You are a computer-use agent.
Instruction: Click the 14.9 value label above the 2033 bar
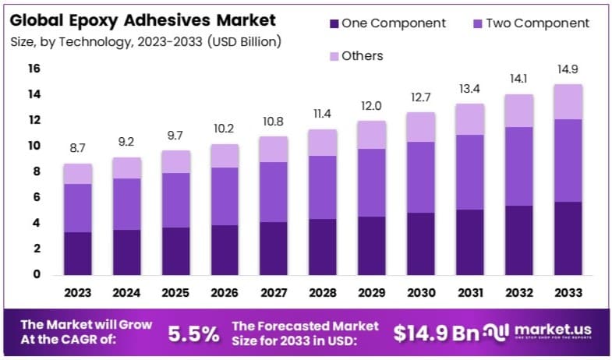coord(568,69)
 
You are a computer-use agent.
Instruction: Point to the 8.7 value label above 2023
coord(77,147)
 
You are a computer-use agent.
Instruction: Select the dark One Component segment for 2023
coord(77,253)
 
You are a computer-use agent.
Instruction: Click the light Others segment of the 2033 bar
coord(568,101)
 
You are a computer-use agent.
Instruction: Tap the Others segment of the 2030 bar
coord(421,127)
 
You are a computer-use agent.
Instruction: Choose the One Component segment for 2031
coord(469,242)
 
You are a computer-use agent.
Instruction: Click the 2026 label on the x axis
coord(225,294)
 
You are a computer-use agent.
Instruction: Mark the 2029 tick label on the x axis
coord(372,294)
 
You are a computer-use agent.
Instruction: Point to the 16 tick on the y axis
coord(34,69)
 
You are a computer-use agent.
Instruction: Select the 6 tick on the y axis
coord(37,197)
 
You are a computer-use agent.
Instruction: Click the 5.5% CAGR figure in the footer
coord(193,334)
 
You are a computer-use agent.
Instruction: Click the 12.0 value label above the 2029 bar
coord(372,105)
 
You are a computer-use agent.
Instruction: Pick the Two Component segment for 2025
coord(175,200)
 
